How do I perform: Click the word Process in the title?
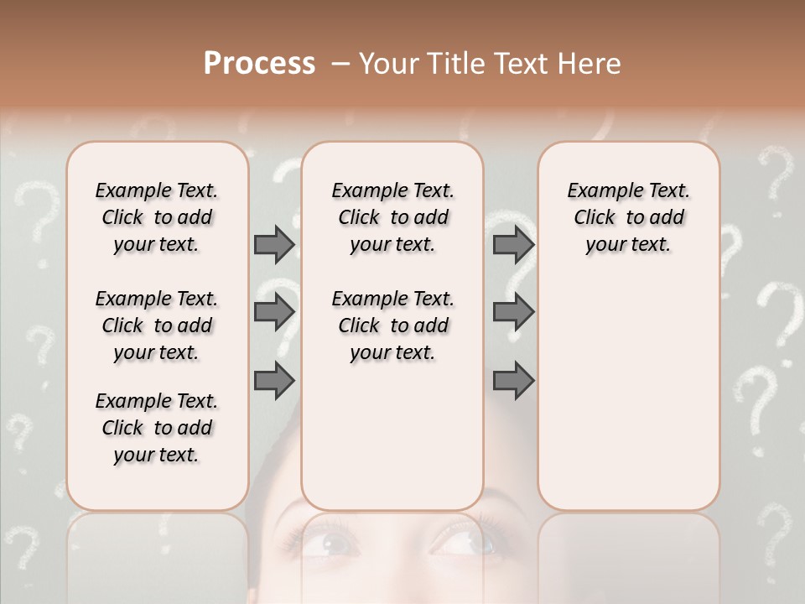(x=259, y=64)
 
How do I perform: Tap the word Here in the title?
(x=589, y=64)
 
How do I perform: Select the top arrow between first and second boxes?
(x=274, y=244)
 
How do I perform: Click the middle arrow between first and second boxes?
(x=274, y=312)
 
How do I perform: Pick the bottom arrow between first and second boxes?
(x=274, y=380)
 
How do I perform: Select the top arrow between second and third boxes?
(x=513, y=244)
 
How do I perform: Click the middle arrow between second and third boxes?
(x=513, y=312)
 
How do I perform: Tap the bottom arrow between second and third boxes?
(x=513, y=380)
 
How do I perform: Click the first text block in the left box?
(x=157, y=217)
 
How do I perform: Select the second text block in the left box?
(x=157, y=325)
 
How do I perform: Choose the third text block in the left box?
(x=157, y=428)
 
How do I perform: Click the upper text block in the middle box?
(x=392, y=217)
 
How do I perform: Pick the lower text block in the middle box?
(x=392, y=325)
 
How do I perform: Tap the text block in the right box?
(x=628, y=217)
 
